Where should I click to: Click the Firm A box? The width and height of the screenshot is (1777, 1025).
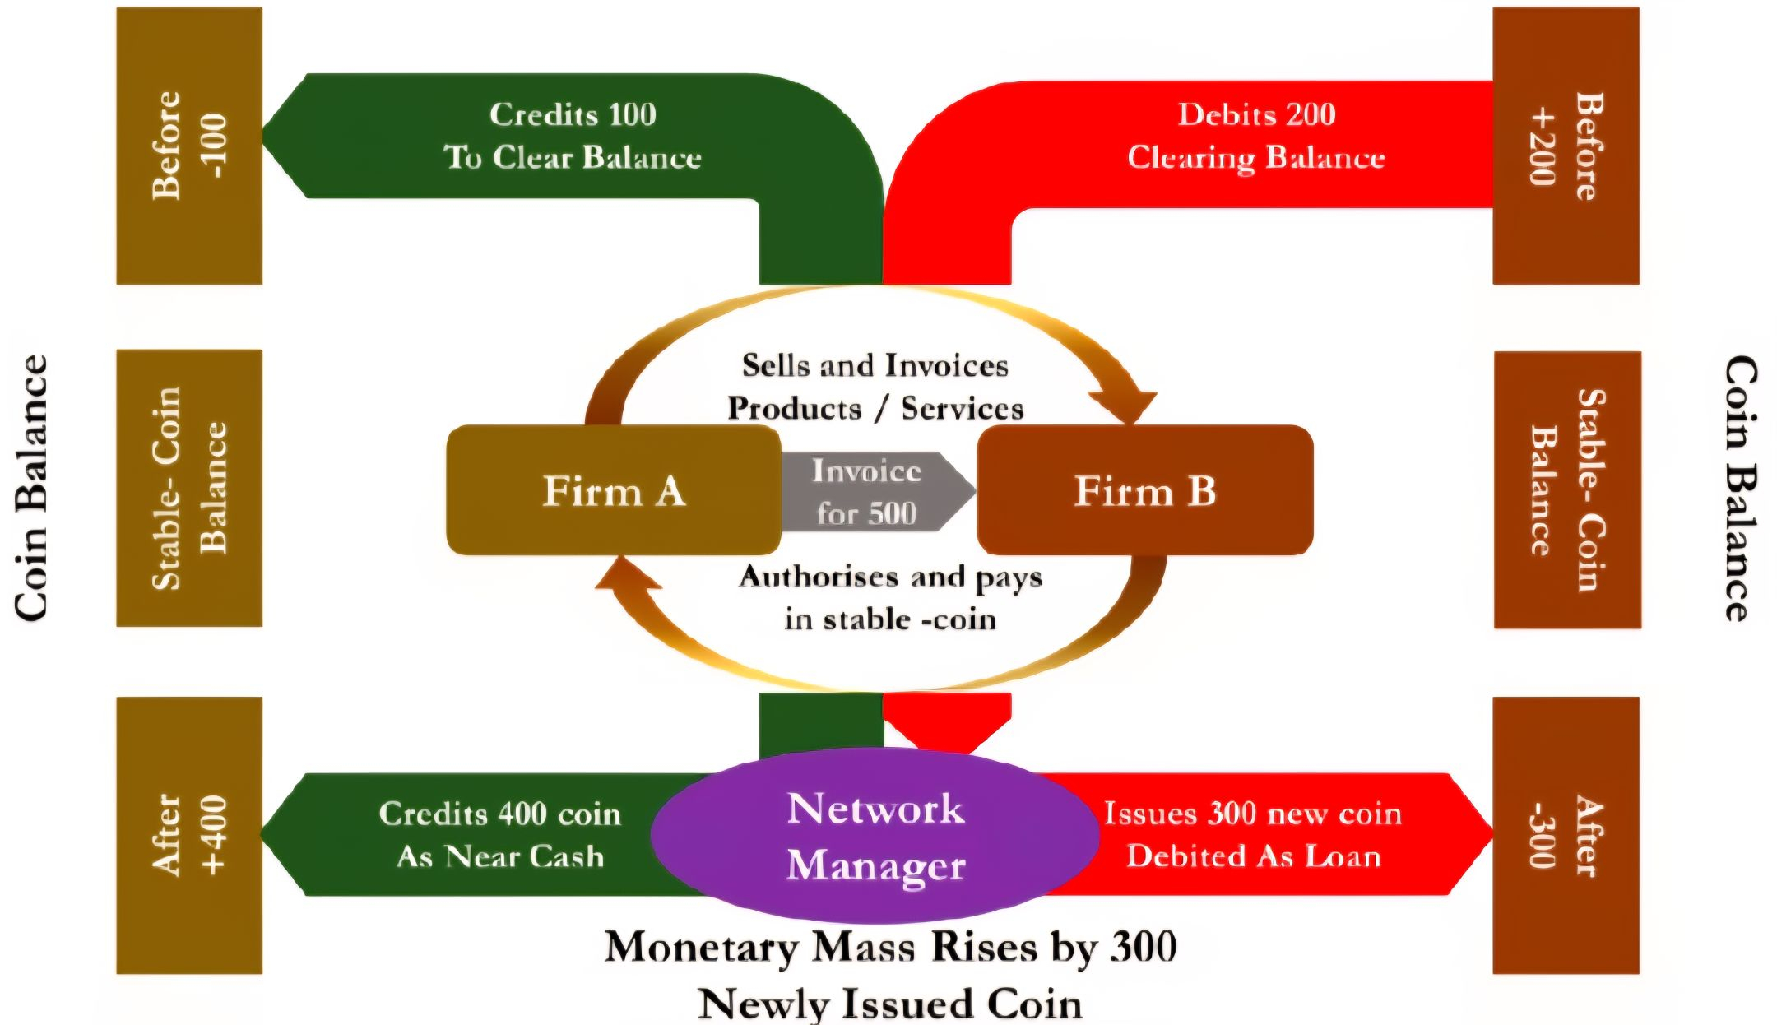(x=613, y=490)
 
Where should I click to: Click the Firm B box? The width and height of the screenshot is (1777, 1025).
(x=1144, y=490)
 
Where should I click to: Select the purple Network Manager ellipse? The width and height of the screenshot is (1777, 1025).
(x=875, y=836)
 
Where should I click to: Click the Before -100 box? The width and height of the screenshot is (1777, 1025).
(x=189, y=146)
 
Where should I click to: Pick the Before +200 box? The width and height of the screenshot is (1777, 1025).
(x=1566, y=146)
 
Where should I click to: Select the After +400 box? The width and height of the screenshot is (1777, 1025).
(x=189, y=835)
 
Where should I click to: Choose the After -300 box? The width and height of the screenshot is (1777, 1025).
(x=1566, y=835)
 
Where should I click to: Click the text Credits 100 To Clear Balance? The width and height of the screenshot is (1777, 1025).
(x=573, y=136)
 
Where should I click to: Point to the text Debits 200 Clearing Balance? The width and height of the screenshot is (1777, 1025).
(x=1256, y=136)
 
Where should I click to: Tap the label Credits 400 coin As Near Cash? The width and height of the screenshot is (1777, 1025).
(x=499, y=834)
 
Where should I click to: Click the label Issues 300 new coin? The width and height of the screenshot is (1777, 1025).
(x=1252, y=814)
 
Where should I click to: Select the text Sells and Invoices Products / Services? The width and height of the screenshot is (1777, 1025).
(x=875, y=387)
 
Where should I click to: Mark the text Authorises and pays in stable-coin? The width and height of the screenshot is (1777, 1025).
(x=890, y=598)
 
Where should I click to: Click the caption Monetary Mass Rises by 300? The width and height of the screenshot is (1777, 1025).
(x=890, y=947)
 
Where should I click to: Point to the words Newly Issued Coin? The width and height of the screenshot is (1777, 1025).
(x=890, y=1004)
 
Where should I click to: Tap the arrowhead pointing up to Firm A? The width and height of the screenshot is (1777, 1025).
(x=627, y=574)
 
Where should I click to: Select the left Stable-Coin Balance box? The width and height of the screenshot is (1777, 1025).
(x=189, y=488)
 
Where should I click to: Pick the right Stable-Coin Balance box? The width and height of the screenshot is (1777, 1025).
(x=1567, y=489)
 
